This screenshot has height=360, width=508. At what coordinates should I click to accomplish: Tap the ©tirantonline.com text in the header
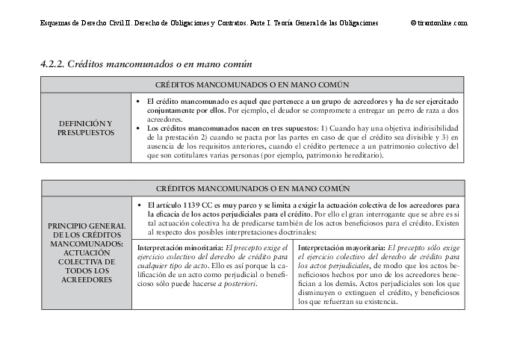(439, 23)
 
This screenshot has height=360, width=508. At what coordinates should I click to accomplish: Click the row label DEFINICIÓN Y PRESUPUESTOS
(86, 128)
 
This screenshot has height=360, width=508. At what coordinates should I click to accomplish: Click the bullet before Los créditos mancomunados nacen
(140, 129)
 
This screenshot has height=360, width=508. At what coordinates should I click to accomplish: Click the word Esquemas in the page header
(56, 23)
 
